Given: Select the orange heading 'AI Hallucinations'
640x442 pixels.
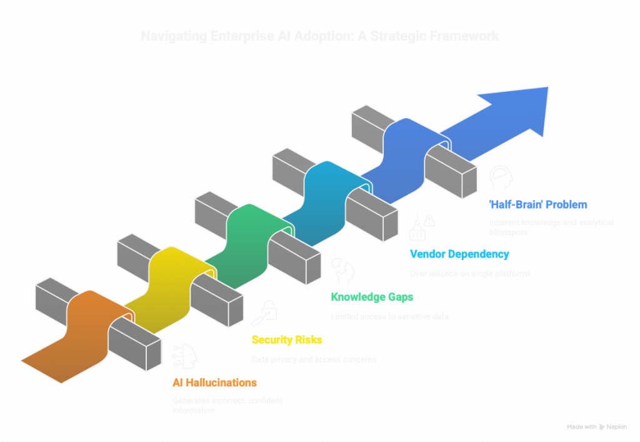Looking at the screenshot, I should (x=214, y=383).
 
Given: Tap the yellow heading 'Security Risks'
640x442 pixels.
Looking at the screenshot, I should (x=287, y=340).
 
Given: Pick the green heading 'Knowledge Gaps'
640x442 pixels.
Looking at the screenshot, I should (x=372, y=297).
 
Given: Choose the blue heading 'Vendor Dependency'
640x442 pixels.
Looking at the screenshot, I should (x=459, y=254).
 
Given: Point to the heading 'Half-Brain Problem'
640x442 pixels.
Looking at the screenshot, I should (x=537, y=204).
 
